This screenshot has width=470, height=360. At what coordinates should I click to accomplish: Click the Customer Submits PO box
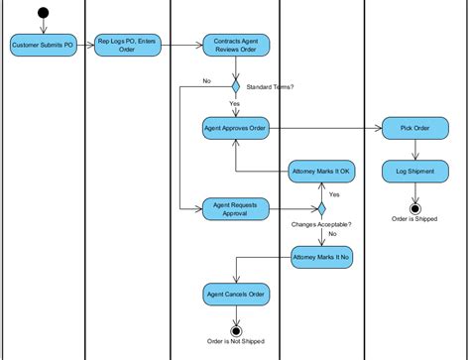42,45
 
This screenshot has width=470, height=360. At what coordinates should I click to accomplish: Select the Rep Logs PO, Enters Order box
126,45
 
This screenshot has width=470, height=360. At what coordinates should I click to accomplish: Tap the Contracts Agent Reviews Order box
235,45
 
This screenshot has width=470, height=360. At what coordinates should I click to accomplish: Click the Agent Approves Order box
235,128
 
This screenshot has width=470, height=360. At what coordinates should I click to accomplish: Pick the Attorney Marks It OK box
321,171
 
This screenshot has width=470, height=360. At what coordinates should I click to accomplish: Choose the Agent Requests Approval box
235,209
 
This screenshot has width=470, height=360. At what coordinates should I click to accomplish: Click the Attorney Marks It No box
321,257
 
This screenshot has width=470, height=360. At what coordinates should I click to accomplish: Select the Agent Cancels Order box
235,294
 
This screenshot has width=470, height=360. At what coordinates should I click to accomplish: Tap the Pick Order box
414,128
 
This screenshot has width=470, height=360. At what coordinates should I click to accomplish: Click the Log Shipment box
414,171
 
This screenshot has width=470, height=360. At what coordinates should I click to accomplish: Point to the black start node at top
42,13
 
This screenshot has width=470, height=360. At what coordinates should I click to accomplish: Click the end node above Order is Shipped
414,208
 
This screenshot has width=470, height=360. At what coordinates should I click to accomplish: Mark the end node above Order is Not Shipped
235,330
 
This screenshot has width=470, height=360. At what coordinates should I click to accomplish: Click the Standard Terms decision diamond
235,86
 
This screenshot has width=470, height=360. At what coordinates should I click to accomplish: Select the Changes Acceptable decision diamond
321,209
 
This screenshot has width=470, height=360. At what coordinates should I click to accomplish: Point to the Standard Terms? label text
269,86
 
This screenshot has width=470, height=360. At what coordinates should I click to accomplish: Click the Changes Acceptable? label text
321,226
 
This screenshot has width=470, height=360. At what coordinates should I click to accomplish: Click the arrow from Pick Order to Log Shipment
414,149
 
